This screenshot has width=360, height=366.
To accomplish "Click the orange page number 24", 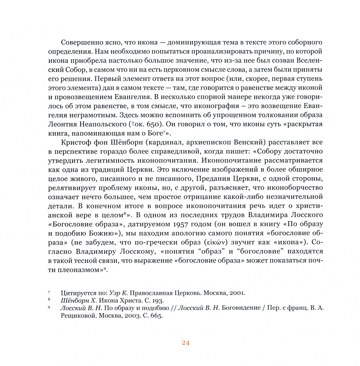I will click(185, 343).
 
